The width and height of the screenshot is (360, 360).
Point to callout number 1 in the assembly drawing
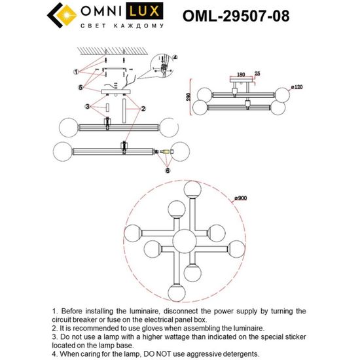[77, 71]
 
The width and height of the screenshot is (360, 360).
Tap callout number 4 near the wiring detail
[175, 58]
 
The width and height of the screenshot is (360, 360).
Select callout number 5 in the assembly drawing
[81, 87]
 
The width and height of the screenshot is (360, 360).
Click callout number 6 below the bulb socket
[167, 170]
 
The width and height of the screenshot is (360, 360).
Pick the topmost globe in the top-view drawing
[192, 189]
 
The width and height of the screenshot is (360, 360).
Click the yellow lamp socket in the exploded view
[166, 154]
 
